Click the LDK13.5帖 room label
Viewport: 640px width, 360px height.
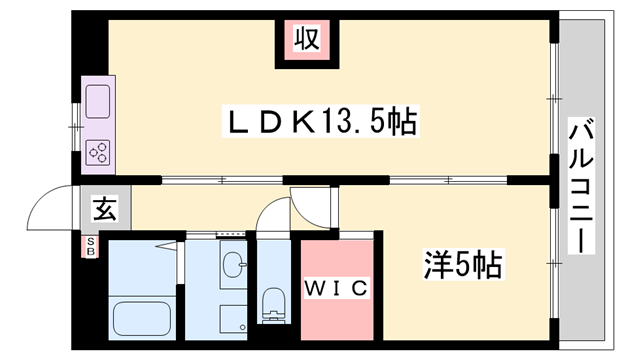(320, 121)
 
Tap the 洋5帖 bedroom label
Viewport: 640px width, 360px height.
(463, 264)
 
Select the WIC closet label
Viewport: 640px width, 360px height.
(337, 289)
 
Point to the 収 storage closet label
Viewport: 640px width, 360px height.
(307, 39)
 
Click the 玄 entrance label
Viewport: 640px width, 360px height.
(105, 209)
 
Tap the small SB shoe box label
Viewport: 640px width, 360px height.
(91, 247)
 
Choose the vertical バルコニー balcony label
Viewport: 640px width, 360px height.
(581, 186)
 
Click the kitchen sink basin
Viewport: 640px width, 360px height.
(98, 102)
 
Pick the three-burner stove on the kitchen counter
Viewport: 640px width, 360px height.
(99, 153)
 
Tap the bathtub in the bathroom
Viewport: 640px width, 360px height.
(141, 318)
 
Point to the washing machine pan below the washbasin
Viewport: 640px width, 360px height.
(233, 319)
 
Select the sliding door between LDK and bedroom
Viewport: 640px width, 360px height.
(448, 180)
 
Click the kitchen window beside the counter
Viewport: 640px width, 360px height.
(76, 127)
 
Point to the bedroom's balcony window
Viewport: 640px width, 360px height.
(554, 264)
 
